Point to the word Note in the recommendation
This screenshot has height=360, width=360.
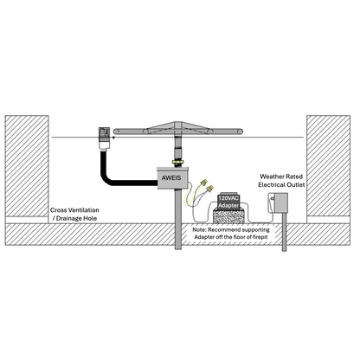[x=203, y=230]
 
